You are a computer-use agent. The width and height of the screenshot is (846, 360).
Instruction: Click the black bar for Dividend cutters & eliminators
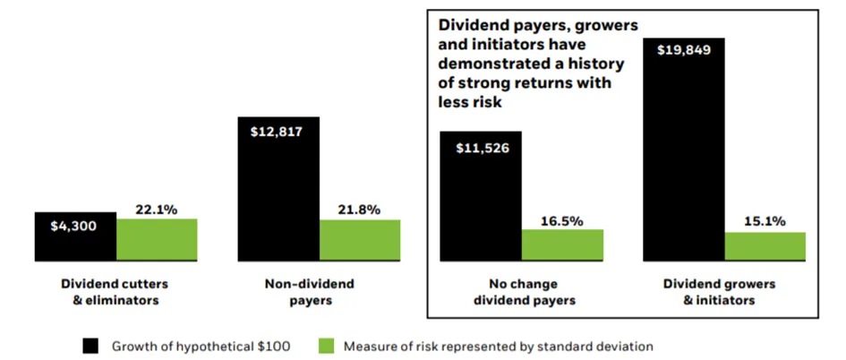click(75, 236)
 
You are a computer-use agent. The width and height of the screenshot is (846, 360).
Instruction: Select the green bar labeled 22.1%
click(157, 240)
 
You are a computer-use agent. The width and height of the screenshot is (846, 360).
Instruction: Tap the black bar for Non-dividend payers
click(279, 189)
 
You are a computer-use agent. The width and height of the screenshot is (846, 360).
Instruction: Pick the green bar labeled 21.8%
click(361, 240)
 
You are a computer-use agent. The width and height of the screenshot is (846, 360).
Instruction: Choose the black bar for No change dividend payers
click(482, 196)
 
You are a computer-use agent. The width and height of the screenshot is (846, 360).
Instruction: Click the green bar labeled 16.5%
click(563, 245)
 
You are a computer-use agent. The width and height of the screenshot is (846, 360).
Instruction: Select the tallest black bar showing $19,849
click(684, 150)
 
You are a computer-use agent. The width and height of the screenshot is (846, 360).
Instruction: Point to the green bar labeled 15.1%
click(765, 246)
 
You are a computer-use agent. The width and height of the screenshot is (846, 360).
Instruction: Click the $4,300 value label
click(74, 227)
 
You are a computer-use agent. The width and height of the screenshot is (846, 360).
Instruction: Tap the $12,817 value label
click(277, 132)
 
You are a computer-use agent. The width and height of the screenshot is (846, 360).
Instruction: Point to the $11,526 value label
click(483, 148)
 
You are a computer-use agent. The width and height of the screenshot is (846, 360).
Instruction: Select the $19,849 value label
click(684, 51)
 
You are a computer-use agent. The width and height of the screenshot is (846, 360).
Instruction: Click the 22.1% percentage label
click(157, 210)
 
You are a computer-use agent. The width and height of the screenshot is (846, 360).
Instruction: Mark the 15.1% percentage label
click(765, 221)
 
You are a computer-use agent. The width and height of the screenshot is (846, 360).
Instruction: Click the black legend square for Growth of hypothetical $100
click(90, 346)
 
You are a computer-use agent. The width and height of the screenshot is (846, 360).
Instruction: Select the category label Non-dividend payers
click(309, 292)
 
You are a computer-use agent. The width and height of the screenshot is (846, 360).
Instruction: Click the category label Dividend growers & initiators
click(718, 292)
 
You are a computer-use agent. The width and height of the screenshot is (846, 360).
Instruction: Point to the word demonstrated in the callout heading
click(490, 64)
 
